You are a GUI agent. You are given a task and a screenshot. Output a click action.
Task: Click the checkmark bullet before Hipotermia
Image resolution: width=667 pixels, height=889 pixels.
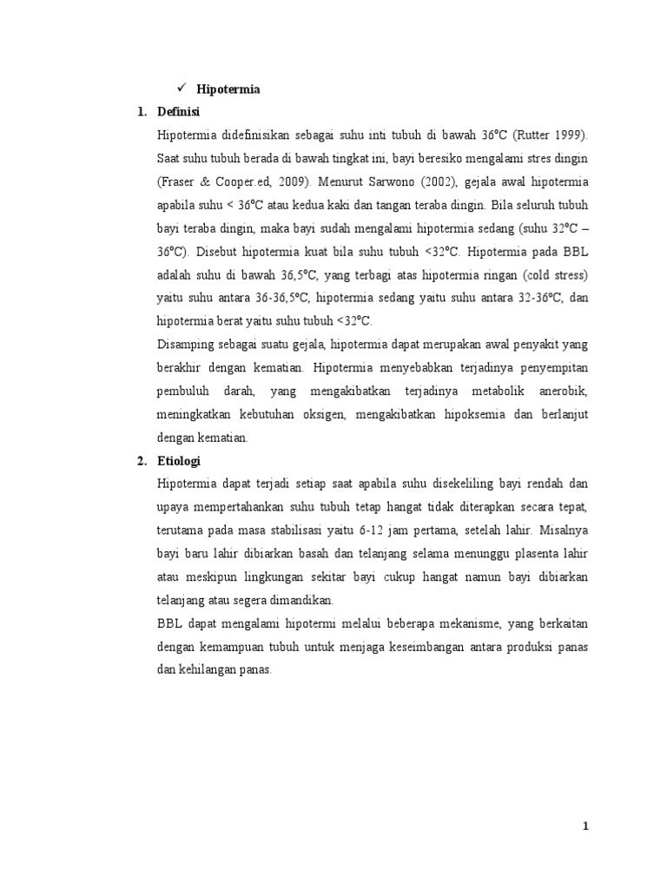[x=182, y=89]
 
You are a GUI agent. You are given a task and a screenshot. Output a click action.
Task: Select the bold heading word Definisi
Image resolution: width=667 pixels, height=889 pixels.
[x=179, y=111]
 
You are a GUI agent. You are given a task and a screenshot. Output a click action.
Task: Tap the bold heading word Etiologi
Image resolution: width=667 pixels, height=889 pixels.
[x=179, y=461]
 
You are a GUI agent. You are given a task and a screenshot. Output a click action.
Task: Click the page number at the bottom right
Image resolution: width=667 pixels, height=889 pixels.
[x=586, y=826]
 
